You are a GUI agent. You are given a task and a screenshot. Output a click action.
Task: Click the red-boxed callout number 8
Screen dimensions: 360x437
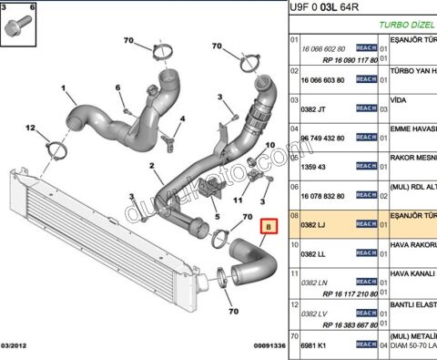pyautogui.click(x=267, y=225)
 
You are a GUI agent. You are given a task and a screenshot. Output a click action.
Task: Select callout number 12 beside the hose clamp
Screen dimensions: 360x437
pyautogui.click(x=30, y=128)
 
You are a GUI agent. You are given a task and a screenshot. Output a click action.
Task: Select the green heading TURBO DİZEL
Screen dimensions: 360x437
pyautogui.click(x=406, y=26)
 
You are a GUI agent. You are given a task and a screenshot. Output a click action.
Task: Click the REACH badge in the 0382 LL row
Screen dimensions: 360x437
pyautogui.click(x=366, y=253)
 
